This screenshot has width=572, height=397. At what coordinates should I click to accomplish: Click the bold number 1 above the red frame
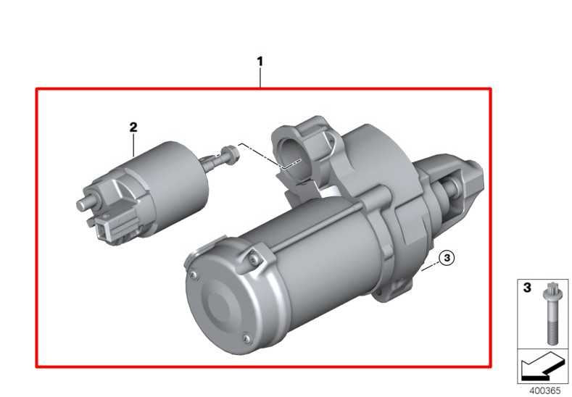260,62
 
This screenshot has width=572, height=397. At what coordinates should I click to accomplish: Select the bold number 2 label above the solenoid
133,128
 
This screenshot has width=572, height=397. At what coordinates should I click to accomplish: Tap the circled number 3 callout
447,258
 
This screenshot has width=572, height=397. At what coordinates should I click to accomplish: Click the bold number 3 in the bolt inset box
527,288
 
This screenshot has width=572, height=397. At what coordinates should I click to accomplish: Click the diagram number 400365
544,390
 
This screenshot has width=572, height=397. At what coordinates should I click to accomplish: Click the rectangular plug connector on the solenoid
109,230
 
